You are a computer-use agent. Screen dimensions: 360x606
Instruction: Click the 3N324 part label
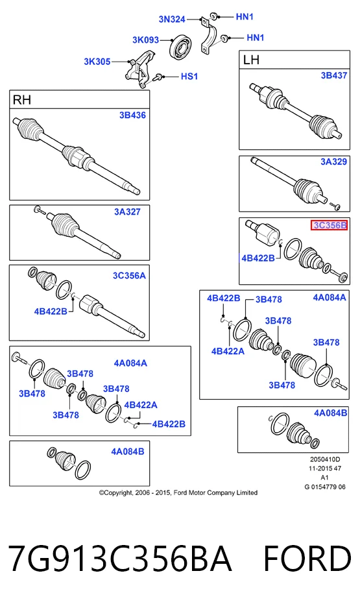click(172, 19)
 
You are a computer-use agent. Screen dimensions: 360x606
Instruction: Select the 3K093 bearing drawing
click(181, 47)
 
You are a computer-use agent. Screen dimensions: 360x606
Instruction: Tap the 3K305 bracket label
click(97, 62)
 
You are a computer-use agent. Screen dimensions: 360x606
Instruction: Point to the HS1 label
click(189, 77)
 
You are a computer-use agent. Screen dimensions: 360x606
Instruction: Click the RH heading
click(21, 100)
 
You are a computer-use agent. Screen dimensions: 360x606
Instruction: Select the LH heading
click(251, 60)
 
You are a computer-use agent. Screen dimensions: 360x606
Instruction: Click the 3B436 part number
click(132, 115)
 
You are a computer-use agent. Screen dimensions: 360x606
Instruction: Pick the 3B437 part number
click(334, 75)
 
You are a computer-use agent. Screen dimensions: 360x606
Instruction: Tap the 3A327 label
click(127, 212)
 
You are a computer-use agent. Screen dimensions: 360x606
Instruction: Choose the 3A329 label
click(334, 162)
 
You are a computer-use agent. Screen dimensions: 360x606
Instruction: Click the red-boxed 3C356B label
click(330, 225)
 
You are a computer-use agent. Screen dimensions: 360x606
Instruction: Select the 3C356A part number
click(129, 276)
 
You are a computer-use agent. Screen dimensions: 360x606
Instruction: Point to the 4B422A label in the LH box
click(228, 351)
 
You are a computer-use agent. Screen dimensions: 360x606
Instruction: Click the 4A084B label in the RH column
click(128, 452)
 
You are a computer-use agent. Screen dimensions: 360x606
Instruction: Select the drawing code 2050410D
click(325, 459)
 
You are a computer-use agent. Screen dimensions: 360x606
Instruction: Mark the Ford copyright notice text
click(178, 492)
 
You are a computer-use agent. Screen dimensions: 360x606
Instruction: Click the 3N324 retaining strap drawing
click(209, 35)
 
